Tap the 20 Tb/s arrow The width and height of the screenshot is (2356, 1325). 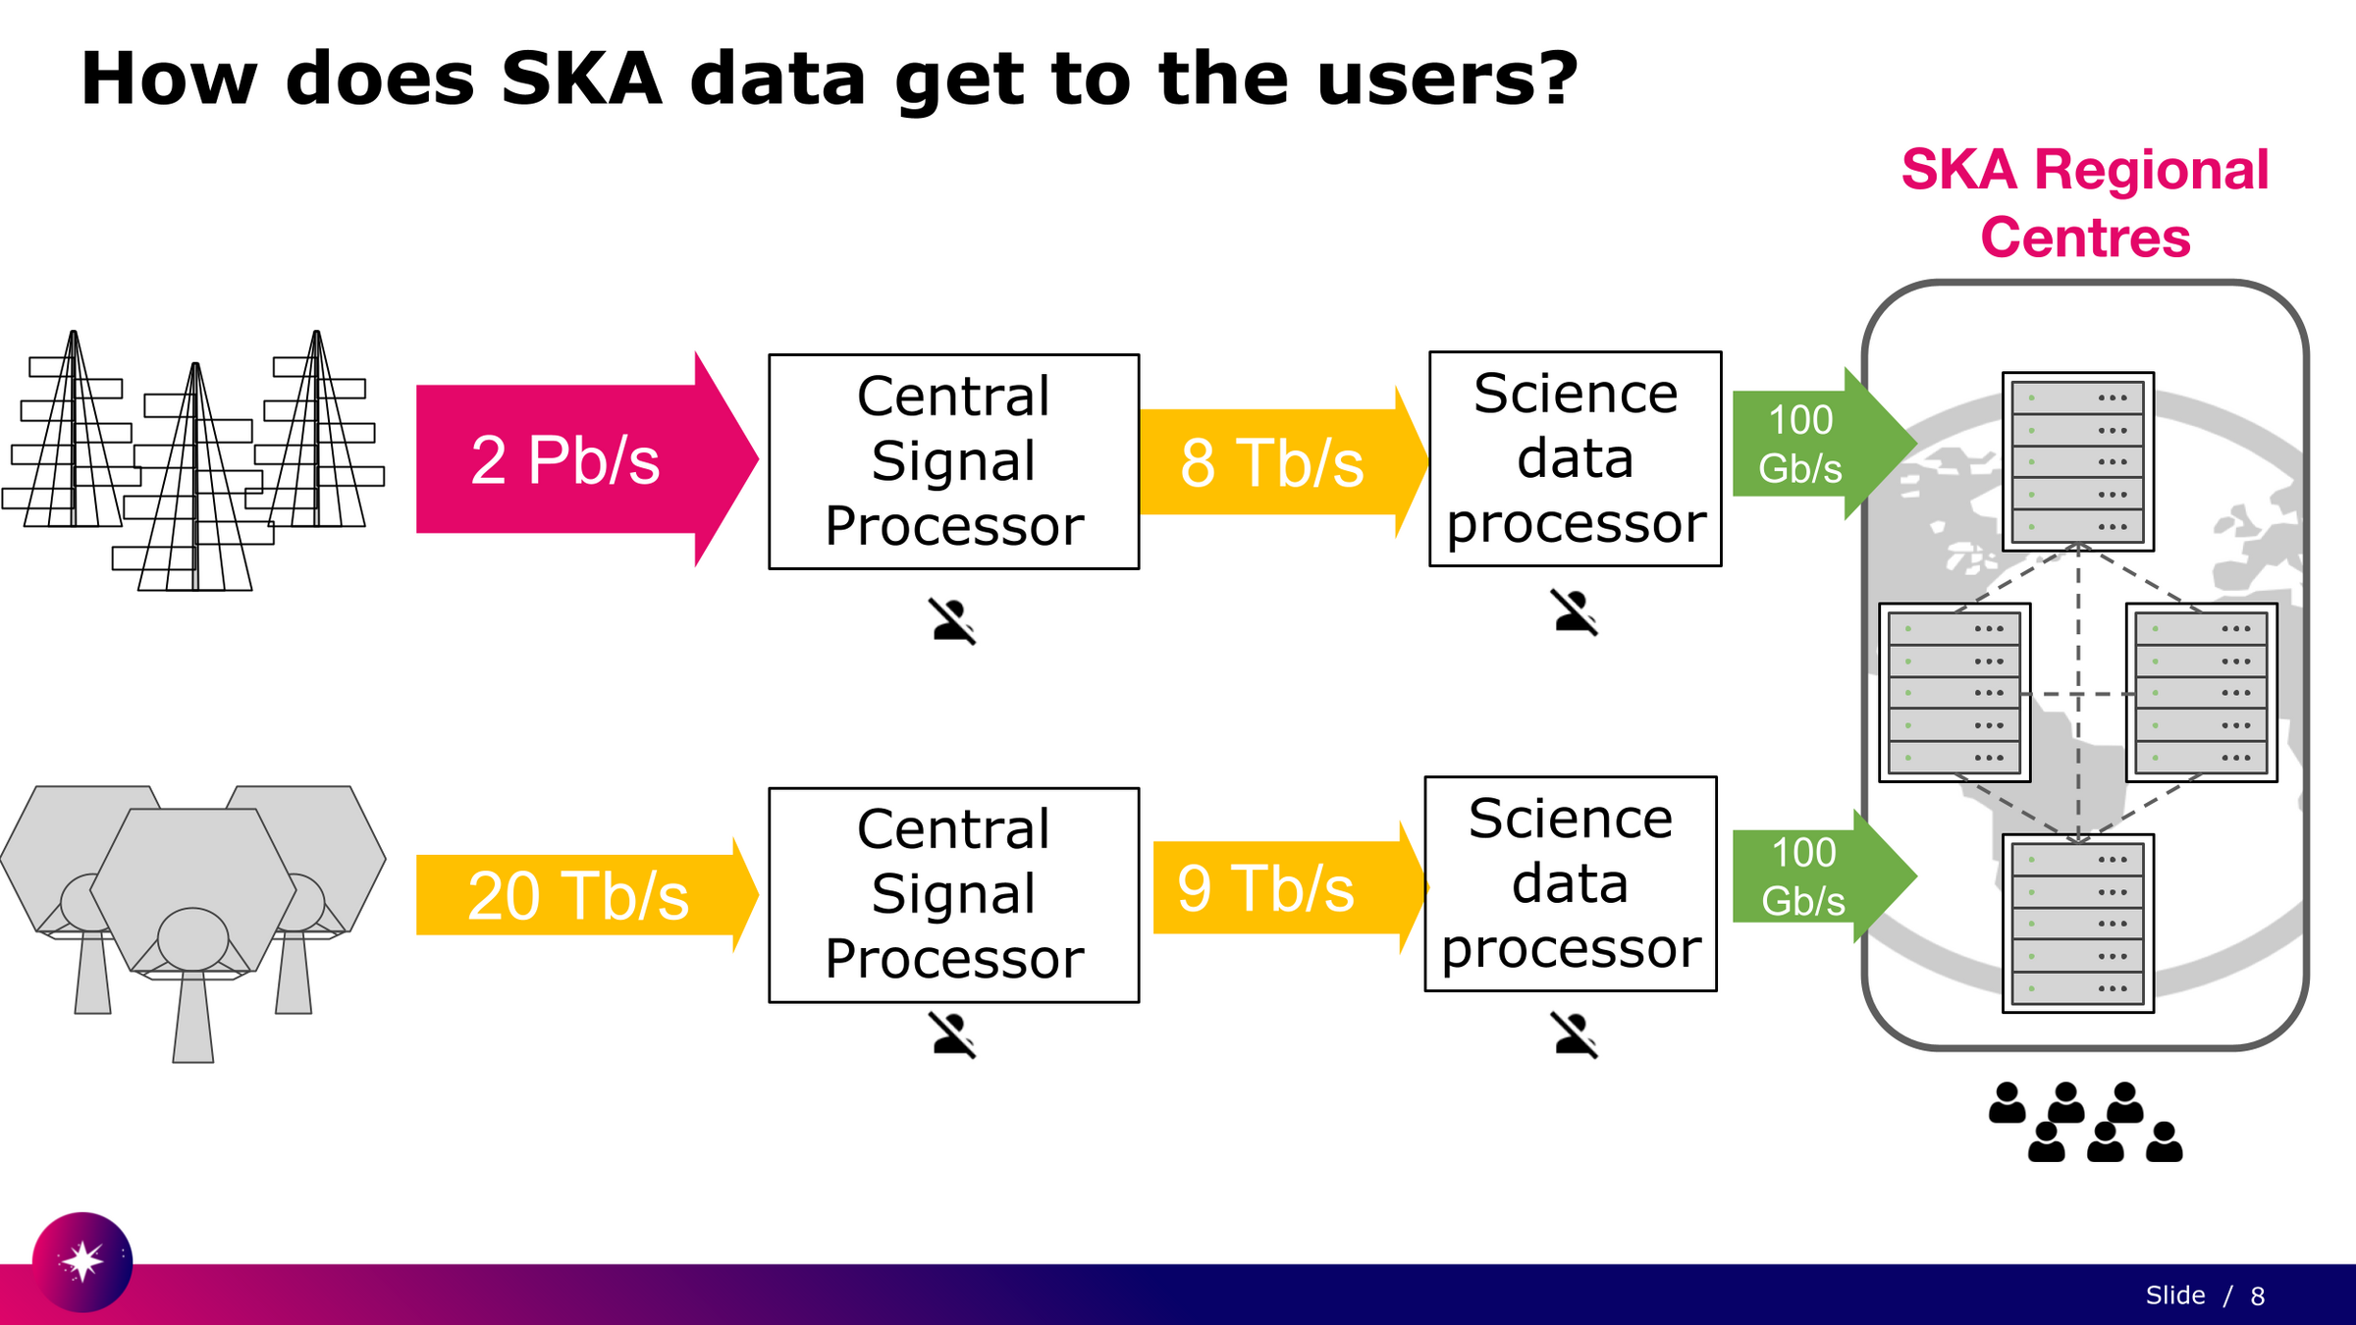tap(579, 895)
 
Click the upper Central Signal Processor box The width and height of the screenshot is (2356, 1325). tap(953, 461)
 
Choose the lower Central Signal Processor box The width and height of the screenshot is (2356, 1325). tap(953, 894)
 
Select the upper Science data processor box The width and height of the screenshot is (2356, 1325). tap(1575, 458)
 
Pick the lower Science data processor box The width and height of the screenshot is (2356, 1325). tap(1570, 883)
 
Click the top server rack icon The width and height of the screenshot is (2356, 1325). tap(2077, 461)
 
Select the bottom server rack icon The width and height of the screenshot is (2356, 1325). tap(2077, 923)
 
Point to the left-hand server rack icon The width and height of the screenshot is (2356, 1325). tap(1954, 693)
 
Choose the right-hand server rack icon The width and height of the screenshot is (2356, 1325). tap(2201, 693)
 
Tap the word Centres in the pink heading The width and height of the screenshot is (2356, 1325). tap(2085, 238)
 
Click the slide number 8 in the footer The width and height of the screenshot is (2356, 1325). tap(2257, 1297)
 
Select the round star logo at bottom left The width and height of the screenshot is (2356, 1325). tap(82, 1261)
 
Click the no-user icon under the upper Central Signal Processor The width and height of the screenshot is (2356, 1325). tap(952, 621)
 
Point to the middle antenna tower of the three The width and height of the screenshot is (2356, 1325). tap(196, 481)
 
